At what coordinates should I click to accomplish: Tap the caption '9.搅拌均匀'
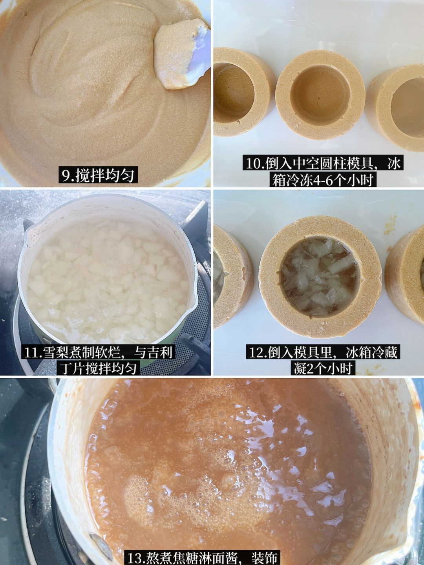point(98,176)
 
